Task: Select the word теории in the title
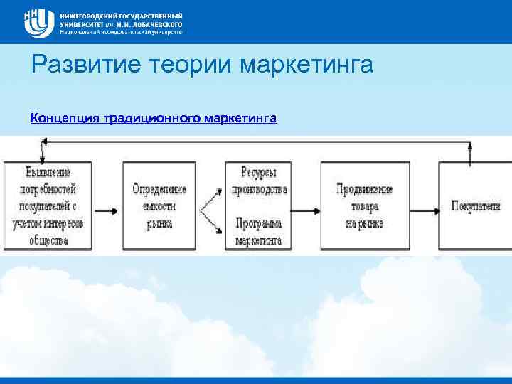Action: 187,66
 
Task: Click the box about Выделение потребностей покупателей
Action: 47,206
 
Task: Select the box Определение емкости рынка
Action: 159,206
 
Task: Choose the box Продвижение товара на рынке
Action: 365,206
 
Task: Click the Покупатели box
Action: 475,206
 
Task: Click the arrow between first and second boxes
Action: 107,210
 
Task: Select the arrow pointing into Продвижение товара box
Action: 304,210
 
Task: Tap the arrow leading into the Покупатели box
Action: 424,210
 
